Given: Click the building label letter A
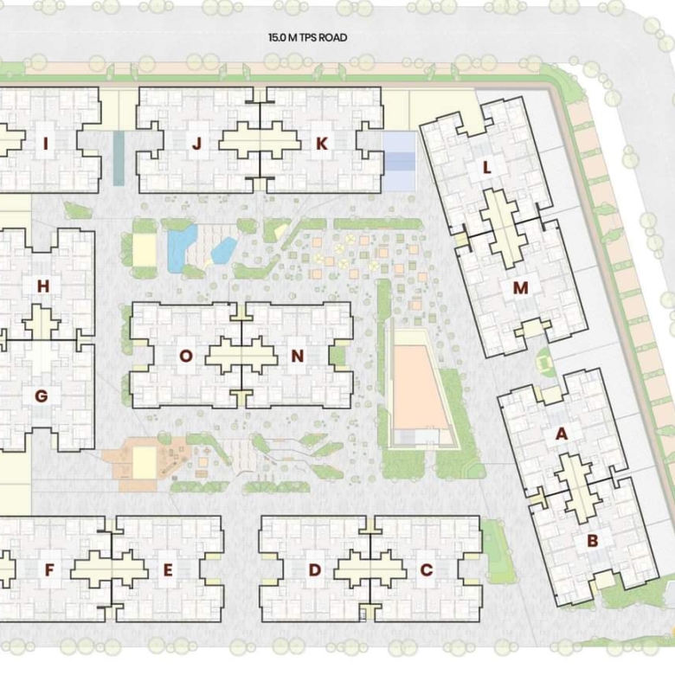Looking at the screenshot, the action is (562, 434).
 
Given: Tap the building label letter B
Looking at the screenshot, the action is (592, 541).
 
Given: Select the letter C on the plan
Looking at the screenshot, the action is (426, 570).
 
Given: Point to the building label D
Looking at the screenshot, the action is (315, 570).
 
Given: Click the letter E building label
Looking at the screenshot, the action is (168, 570).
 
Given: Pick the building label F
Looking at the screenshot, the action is (49, 570).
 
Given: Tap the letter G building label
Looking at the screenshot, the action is (42, 396).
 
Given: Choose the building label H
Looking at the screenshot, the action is (43, 286).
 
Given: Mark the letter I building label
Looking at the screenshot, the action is (46, 144).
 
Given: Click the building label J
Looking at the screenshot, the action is (196, 144).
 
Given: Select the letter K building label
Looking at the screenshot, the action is (322, 144).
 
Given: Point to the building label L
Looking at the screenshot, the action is (487, 168).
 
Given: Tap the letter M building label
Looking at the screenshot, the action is (520, 288).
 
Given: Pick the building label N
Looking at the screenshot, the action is (298, 356).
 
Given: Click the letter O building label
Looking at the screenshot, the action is (185, 356).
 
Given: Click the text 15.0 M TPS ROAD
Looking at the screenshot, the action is (308, 37).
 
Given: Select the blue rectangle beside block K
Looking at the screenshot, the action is (399, 161).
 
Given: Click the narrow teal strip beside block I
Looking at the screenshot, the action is (119, 158).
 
